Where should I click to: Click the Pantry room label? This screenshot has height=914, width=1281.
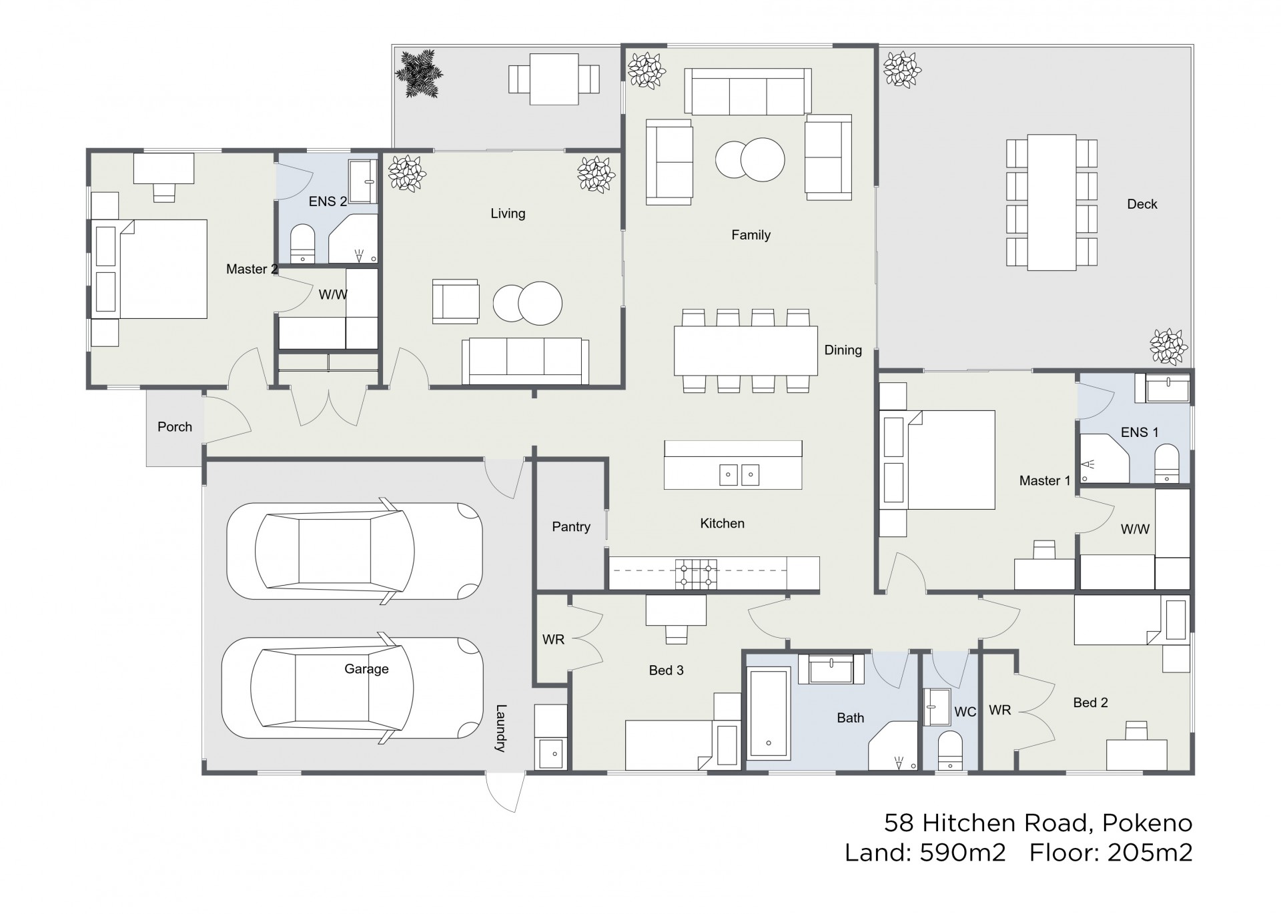[x=571, y=527]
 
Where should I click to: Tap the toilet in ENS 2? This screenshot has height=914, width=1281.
[x=303, y=244]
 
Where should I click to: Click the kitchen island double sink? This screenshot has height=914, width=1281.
[x=739, y=474]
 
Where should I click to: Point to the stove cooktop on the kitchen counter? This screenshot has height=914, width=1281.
[x=696, y=574]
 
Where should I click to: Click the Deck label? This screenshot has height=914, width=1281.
[x=1142, y=204]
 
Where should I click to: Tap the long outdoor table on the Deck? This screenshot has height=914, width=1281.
[x=1051, y=202]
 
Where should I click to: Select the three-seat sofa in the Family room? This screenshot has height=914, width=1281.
[x=748, y=91]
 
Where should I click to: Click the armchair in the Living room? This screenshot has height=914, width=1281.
[x=456, y=302]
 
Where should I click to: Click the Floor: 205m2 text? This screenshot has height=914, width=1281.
[x=1110, y=853]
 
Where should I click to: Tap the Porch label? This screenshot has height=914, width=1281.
[x=175, y=427]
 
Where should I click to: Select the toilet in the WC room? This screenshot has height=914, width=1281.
[x=950, y=751]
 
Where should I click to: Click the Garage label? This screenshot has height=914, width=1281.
[x=366, y=668]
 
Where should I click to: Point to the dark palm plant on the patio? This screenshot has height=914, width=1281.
[x=418, y=73]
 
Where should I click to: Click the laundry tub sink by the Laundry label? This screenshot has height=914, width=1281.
[x=551, y=754]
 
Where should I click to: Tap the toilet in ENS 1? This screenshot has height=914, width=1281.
[x=1167, y=464]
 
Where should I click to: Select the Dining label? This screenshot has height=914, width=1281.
[x=843, y=350]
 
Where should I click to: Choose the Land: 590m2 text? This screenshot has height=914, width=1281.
[x=925, y=853]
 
